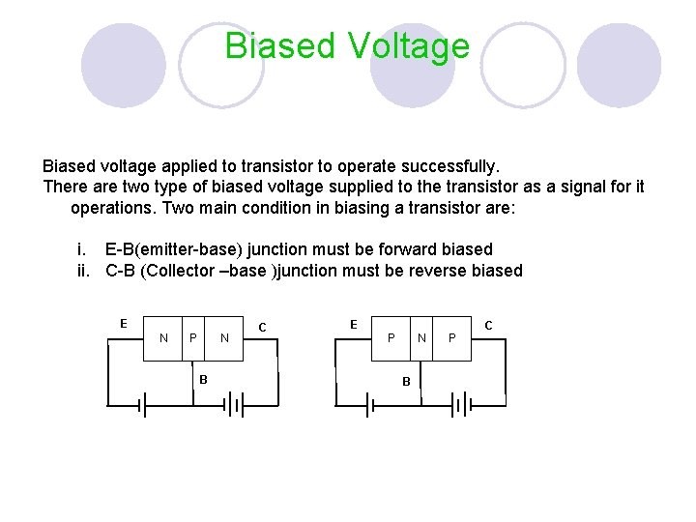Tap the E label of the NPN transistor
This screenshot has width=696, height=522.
[123, 323]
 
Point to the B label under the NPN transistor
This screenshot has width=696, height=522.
[203, 378]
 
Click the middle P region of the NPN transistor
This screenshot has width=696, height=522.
[193, 337]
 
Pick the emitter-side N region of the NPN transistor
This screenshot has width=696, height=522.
[163, 337]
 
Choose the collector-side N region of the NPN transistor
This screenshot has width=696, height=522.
[224, 337]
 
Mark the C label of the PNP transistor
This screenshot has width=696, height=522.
[488, 326]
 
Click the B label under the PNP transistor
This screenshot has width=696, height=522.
[407, 382]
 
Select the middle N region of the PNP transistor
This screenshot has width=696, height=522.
[421, 337]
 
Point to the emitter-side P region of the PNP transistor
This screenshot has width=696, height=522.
[391, 337]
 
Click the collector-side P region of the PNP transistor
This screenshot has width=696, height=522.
[452, 337]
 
